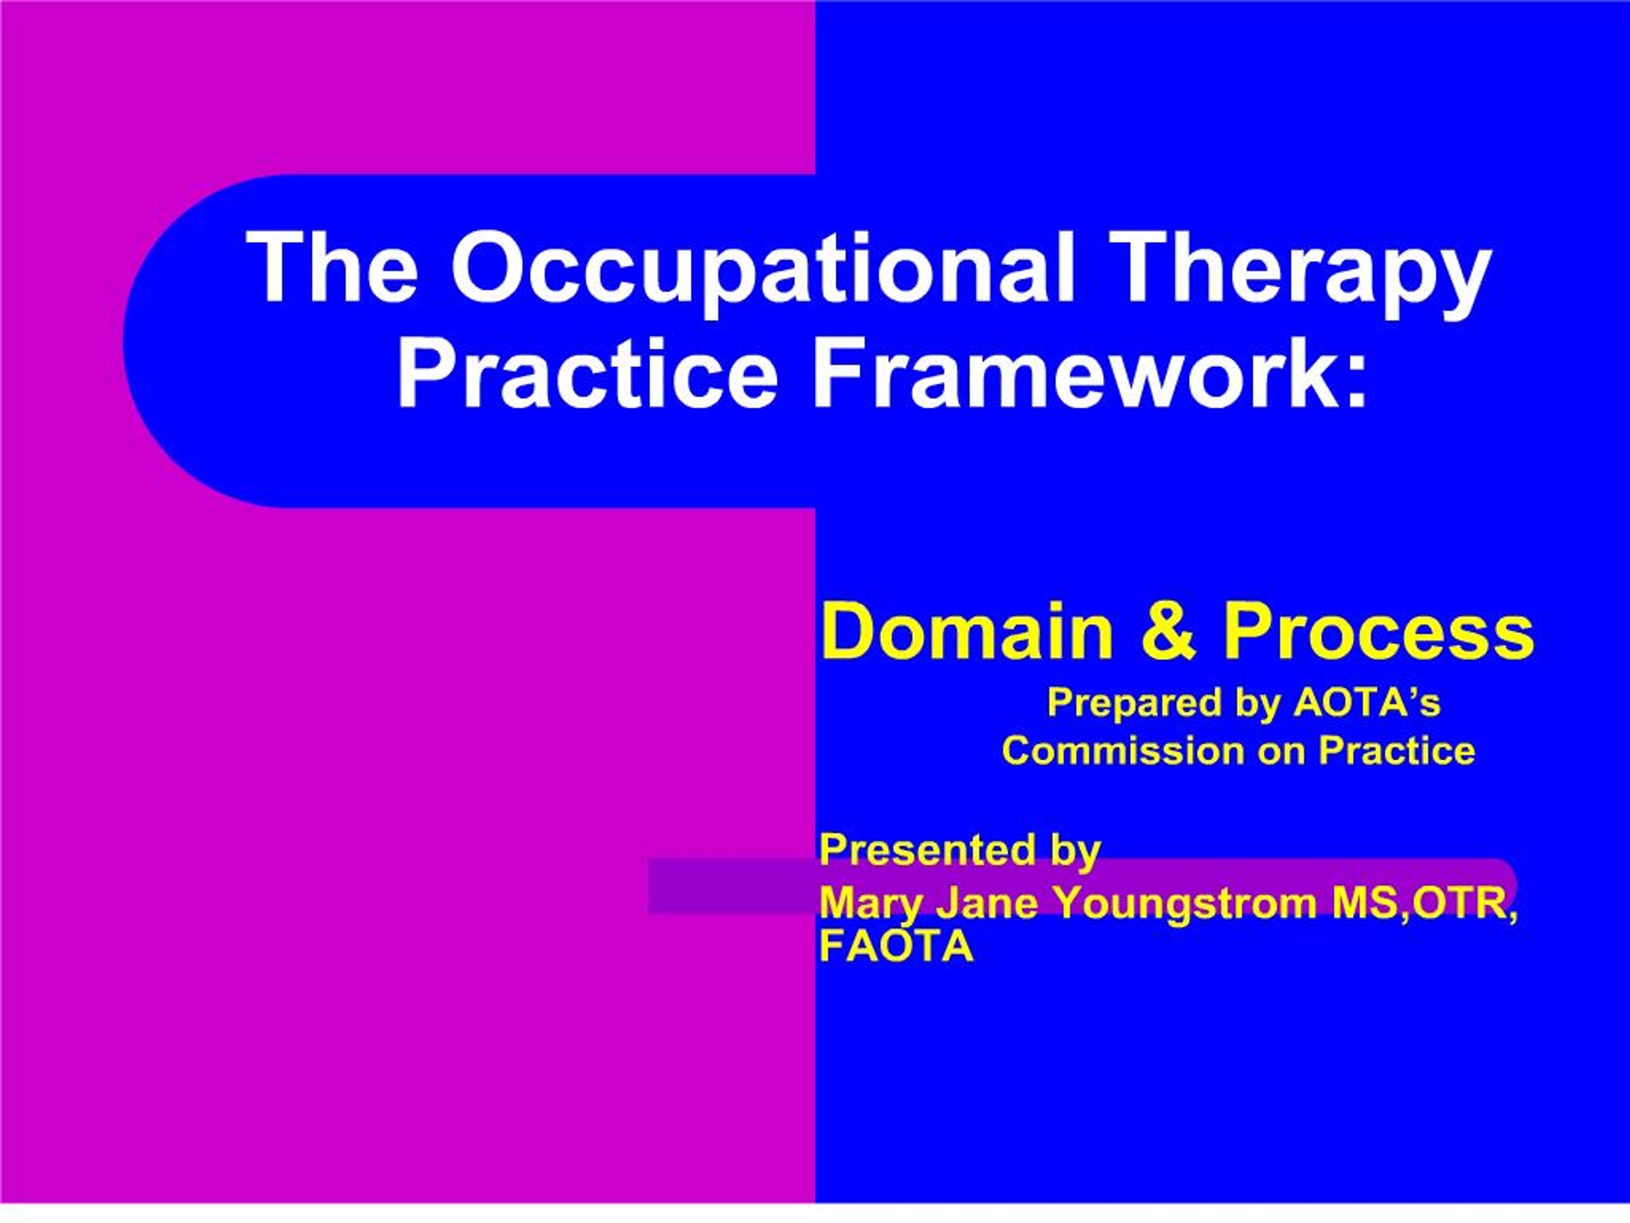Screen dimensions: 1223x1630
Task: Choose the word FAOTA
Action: pos(896,947)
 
